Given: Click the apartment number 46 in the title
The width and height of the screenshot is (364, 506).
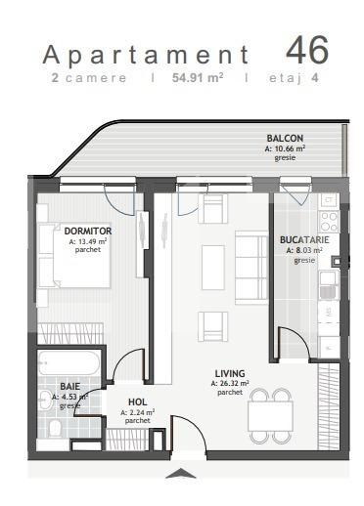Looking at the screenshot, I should click(x=306, y=49).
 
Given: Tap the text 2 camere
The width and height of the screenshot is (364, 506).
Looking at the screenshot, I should click(x=89, y=77).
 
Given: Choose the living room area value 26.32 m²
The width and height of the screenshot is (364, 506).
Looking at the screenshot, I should click(x=230, y=383).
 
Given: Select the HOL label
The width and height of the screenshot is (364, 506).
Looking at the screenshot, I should click(x=137, y=402).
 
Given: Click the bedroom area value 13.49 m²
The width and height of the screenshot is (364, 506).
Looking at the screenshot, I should click(x=88, y=240).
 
